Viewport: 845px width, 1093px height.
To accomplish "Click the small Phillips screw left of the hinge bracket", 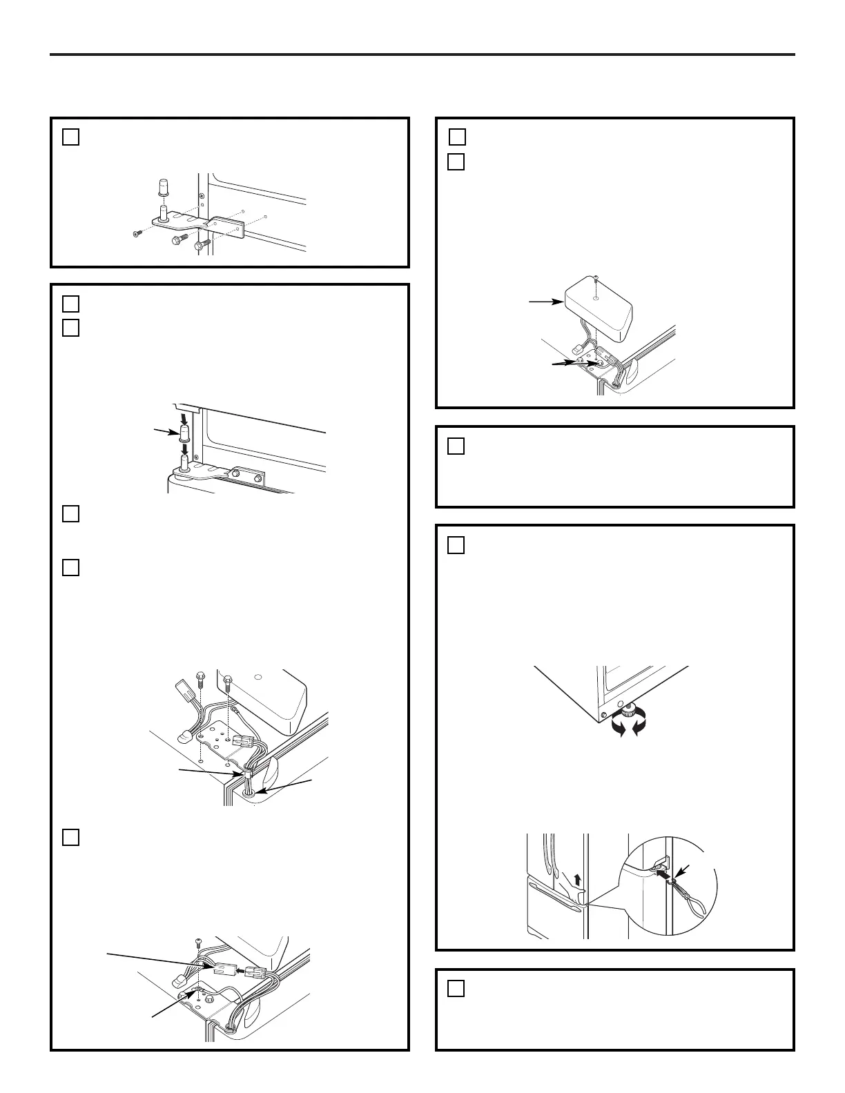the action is pyautogui.click(x=137, y=235).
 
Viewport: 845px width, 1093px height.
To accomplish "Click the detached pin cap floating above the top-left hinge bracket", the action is pyautogui.click(x=163, y=186).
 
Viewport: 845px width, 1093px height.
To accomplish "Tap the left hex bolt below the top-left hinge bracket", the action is pyautogui.click(x=175, y=241).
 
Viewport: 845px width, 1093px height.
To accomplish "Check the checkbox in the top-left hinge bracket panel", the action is pyautogui.click(x=70, y=137).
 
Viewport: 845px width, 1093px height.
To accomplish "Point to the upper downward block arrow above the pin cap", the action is pyautogui.click(x=184, y=418).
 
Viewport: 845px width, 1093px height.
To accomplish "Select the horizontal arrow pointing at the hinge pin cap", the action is pyautogui.click(x=166, y=432).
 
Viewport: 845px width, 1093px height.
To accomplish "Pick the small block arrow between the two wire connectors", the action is pyautogui.click(x=240, y=969).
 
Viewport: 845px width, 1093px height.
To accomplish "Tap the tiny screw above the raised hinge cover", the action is pyautogui.click(x=596, y=279).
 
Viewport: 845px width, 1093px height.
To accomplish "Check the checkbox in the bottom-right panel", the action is pyautogui.click(x=456, y=989).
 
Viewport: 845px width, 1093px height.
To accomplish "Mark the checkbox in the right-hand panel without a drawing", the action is pyautogui.click(x=456, y=446).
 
